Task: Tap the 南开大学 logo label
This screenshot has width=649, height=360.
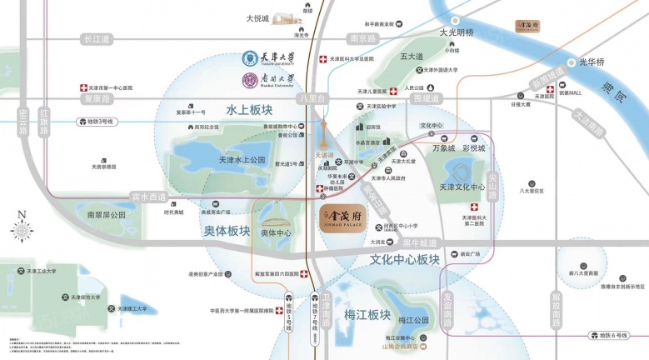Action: point(271,81)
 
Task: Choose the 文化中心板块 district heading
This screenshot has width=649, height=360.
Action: point(404,260)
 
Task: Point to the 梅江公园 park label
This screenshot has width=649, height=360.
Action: point(412,320)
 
